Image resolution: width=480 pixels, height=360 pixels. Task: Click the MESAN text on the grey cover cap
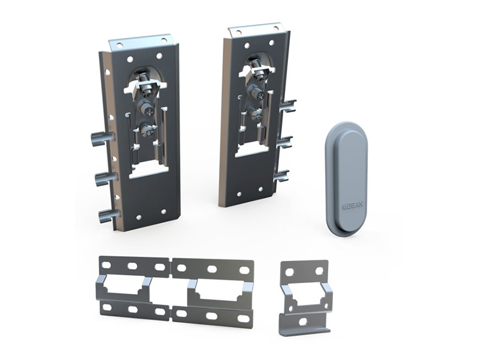pos(353,206)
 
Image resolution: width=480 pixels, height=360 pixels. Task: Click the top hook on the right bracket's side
pos(289,106)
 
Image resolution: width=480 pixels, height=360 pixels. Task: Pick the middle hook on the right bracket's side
pos(285,142)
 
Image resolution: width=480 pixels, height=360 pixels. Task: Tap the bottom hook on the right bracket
pos(281,176)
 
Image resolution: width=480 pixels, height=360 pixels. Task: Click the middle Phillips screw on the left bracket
pos(147,110)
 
